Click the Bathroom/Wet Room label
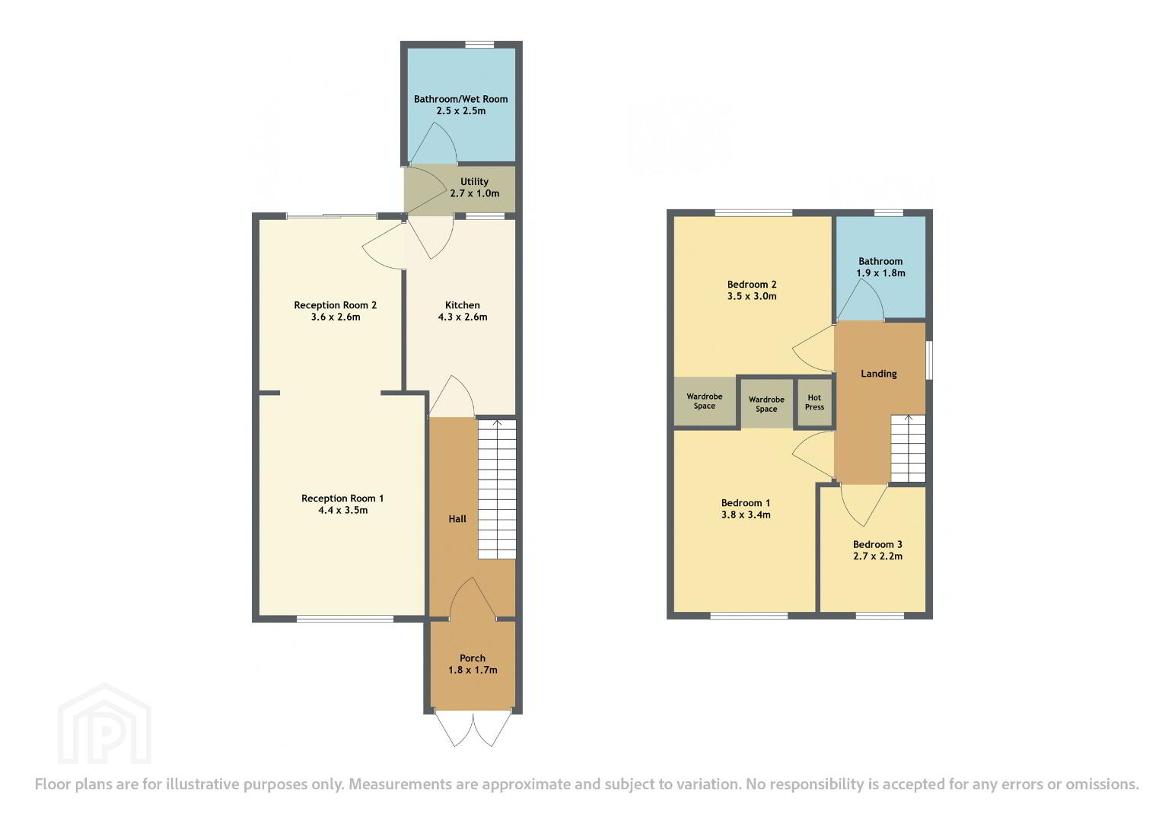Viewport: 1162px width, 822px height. tap(460, 99)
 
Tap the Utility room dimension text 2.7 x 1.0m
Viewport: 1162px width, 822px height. tap(475, 193)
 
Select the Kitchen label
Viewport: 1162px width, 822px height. tap(463, 305)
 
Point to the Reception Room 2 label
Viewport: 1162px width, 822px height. tap(335, 305)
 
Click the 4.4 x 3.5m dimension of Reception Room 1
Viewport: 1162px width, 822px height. tap(343, 510)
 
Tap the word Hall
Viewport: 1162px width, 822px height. tap(457, 519)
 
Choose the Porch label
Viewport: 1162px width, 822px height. tap(473, 658)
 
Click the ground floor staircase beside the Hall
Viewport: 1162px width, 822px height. tap(497, 489)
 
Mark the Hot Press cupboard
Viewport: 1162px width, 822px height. tap(814, 403)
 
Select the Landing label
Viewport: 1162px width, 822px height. tap(879, 374)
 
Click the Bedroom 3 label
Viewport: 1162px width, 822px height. tap(877, 544)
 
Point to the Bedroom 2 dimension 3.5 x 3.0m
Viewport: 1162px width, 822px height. tap(752, 296)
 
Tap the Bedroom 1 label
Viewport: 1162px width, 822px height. tap(746, 503)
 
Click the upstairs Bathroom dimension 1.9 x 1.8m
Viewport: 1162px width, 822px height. tap(881, 273)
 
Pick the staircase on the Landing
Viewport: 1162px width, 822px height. tap(909, 449)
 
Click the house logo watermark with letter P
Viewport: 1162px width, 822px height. tap(105, 724)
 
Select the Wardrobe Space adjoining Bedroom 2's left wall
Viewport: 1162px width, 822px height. tap(705, 401)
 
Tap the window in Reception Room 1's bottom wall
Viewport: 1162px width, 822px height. tap(345, 618)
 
